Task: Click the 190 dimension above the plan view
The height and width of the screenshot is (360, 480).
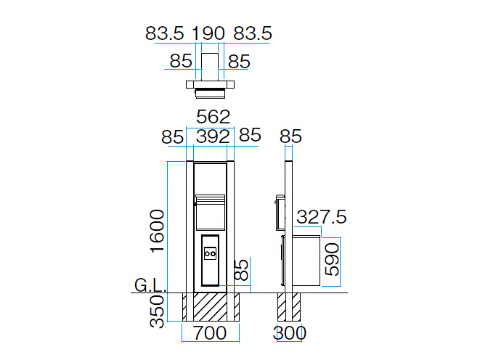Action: coord(208,33)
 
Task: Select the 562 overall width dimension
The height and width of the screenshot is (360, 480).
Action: coord(213,117)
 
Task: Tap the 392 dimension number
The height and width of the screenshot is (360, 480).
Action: coord(213,136)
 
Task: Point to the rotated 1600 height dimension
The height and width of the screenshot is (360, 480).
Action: coord(158,231)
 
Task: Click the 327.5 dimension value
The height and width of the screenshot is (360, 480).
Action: coord(322,217)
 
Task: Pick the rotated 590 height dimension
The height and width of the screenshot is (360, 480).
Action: coord(332,259)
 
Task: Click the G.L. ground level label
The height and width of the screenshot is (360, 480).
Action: coord(150,286)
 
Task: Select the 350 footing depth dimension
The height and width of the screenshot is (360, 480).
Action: coord(158,311)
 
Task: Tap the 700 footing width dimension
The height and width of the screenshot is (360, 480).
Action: coord(210,332)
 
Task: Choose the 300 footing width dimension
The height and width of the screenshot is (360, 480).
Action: coord(289,332)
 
